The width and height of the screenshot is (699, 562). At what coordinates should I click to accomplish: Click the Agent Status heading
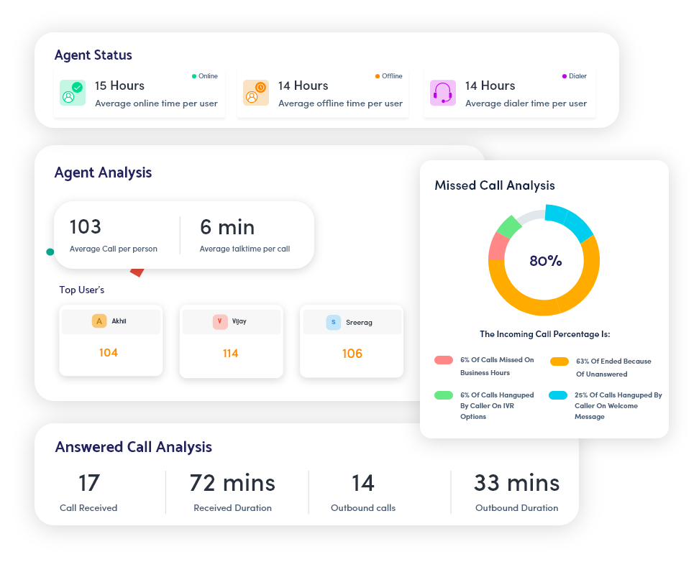pos(93,55)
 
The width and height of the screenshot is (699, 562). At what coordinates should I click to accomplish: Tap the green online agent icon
pos(72,93)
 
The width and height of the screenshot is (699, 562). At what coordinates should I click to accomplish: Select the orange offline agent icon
pos(255,93)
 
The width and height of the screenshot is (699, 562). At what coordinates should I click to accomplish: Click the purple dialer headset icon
pos(442,93)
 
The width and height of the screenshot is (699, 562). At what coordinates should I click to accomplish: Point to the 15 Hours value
pos(119,86)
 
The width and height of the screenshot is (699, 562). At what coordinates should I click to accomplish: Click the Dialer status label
pos(577,76)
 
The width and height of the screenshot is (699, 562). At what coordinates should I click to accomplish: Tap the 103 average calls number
pos(86,227)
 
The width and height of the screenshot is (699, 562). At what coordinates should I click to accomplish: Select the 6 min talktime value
pos(227,227)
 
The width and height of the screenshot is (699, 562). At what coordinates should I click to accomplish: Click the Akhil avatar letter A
pos(99,321)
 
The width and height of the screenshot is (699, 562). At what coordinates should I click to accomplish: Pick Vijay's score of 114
pos(230,354)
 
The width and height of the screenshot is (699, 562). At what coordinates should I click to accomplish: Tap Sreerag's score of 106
pos(352,354)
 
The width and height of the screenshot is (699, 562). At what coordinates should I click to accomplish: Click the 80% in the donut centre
pos(545,261)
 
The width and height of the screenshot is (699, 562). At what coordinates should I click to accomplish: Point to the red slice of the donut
pos(497,247)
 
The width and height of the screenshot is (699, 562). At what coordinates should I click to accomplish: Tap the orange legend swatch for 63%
pos(559,361)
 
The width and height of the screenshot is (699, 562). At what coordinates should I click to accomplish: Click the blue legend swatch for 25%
pos(558,395)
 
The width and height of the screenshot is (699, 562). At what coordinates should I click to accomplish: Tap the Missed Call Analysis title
pos(495,185)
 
